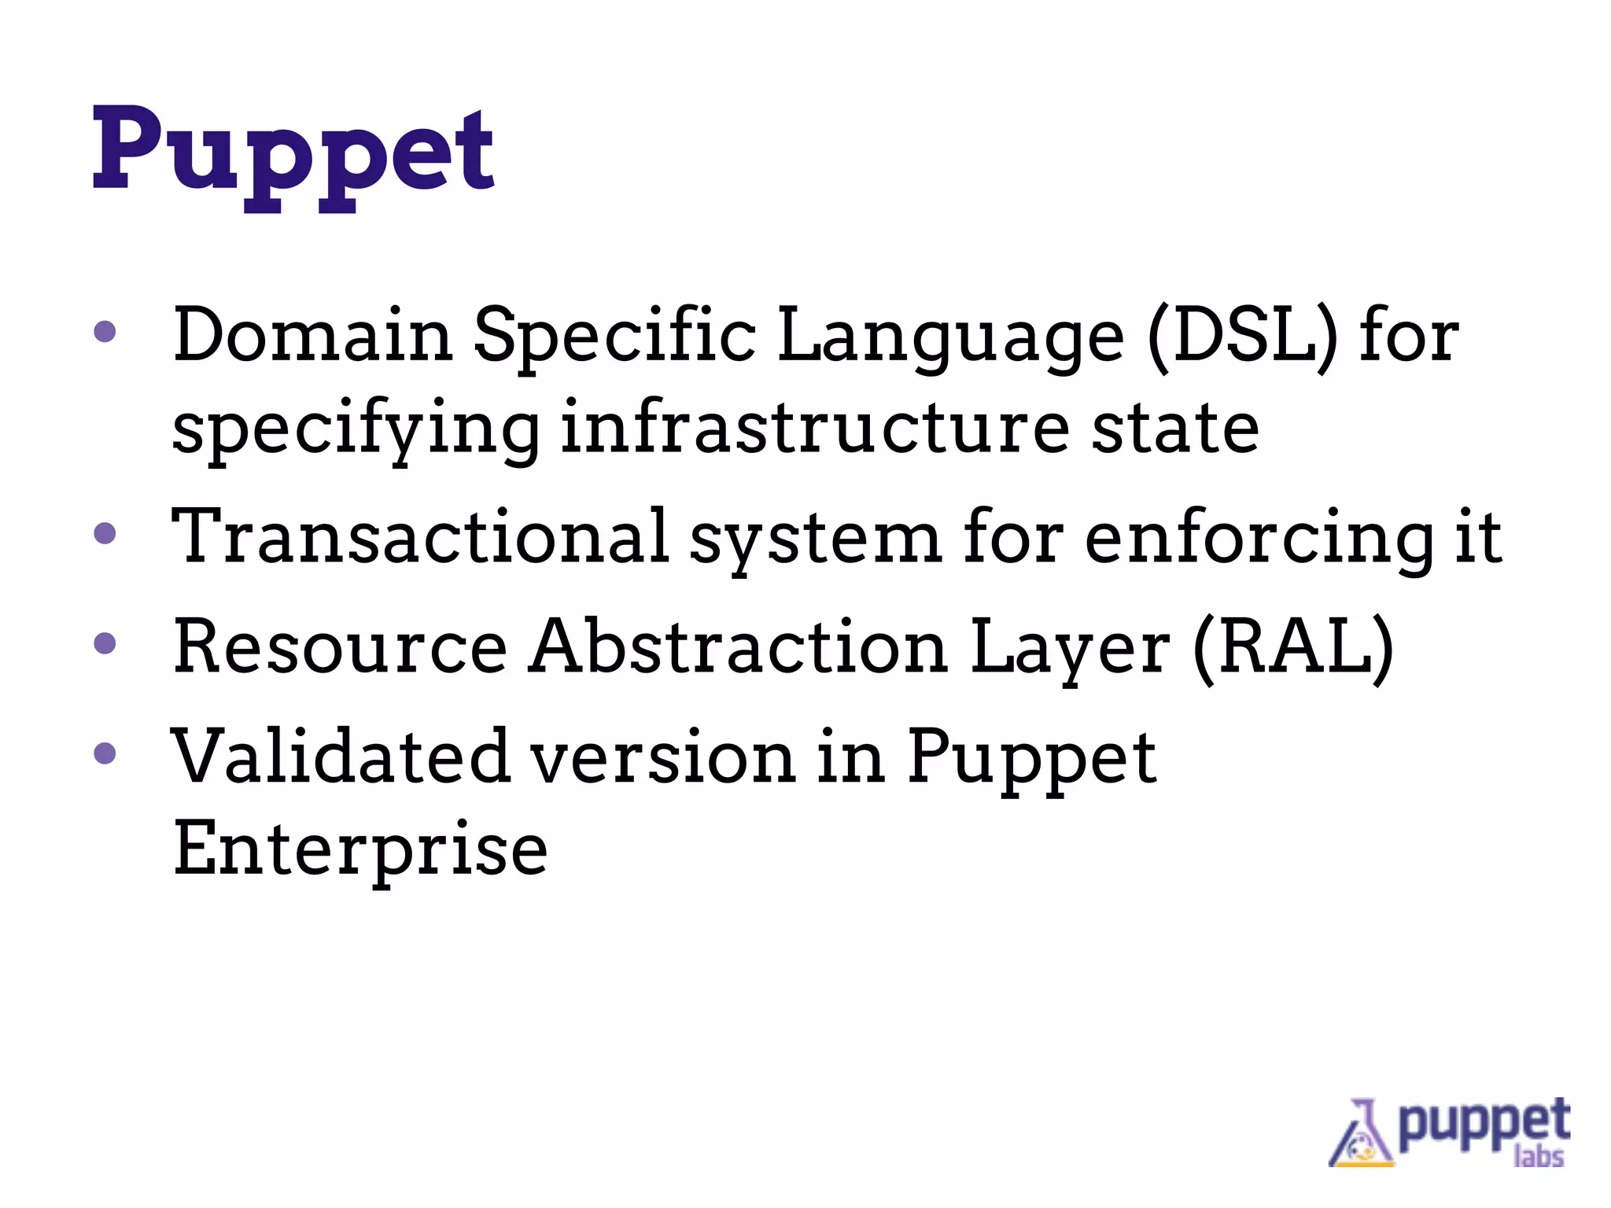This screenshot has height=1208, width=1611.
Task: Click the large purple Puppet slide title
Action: point(293,153)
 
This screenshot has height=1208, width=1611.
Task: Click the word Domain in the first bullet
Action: point(312,336)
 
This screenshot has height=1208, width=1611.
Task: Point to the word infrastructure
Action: point(814,429)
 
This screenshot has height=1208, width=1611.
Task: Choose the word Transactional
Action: point(420,536)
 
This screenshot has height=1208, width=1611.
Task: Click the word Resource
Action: point(340,646)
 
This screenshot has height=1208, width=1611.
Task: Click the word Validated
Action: point(340,757)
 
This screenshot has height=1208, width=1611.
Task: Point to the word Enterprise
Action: point(359,849)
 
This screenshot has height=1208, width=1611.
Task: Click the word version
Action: point(662,757)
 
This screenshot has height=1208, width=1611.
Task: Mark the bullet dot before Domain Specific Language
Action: point(105,331)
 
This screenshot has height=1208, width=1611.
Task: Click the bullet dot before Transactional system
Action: point(105,534)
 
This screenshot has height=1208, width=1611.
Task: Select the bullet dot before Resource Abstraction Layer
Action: point(105,644)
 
